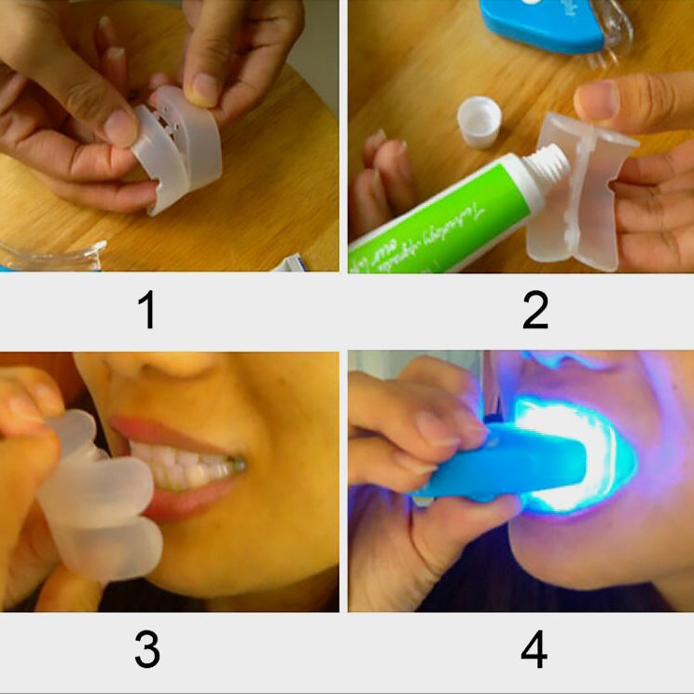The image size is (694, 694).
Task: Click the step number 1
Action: (x=146, y=312)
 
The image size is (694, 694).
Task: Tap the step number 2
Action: (x=534, y=312)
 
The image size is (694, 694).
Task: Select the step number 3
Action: (x=146, y=650)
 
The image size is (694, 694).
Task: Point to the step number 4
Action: (x=534, y=650)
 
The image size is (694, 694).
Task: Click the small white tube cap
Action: (x=479, y=122)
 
